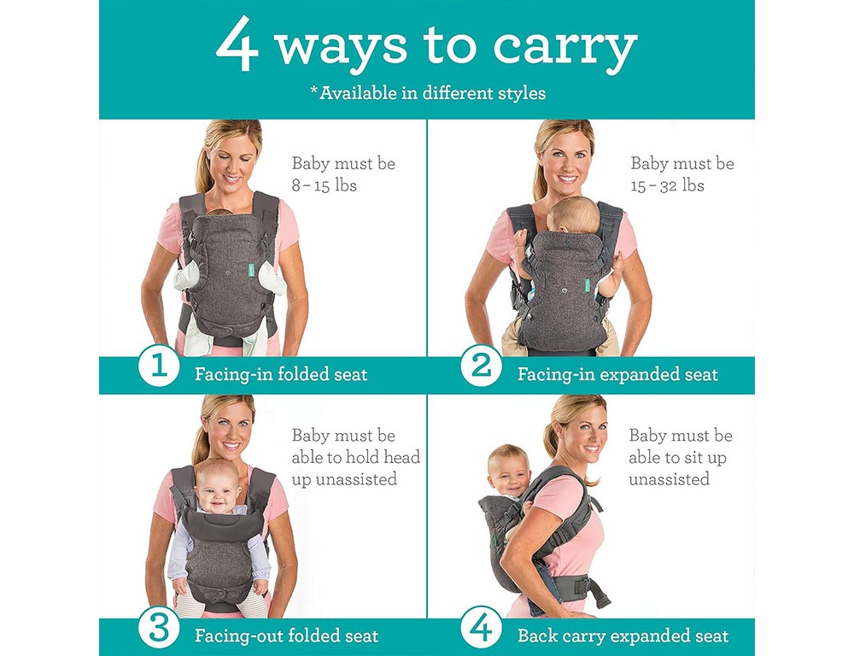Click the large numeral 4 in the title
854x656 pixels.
(x=237, y=44)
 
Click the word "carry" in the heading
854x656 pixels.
(x=564, y=48)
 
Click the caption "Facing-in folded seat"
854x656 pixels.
(x=281, y=374)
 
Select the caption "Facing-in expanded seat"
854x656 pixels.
(x=617, y=374)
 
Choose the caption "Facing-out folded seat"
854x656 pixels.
(x=286, y=635)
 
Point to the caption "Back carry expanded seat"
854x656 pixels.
(x=623, y=635)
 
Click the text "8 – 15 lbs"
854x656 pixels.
(x=324, y=186)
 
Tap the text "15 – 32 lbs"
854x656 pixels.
(x=667, y=186)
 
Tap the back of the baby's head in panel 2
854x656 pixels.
(x=573, y=216)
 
